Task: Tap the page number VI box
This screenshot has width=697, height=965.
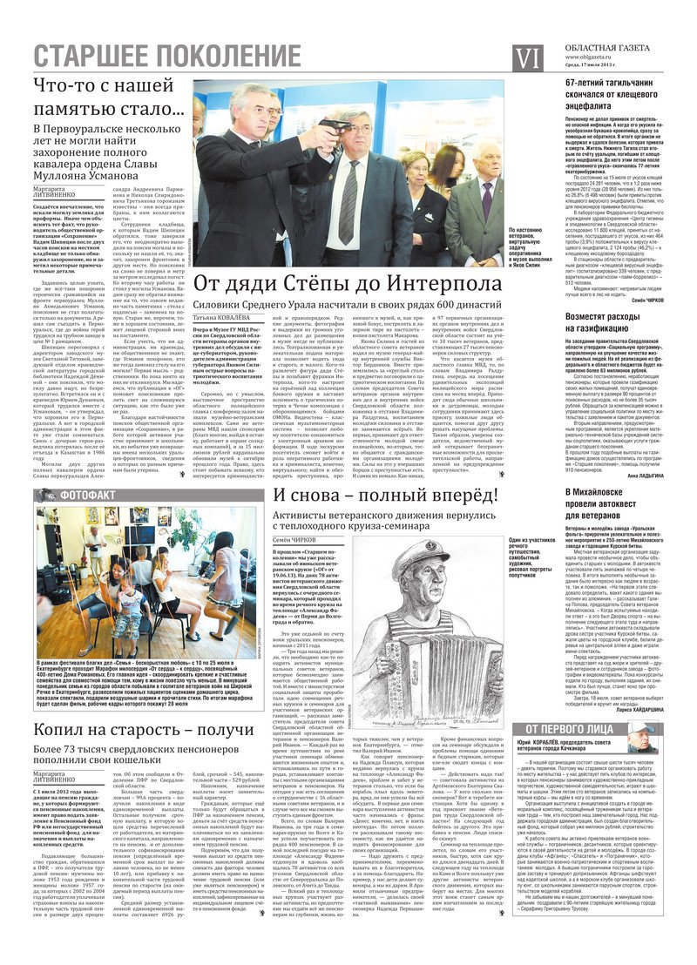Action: tap(529, 57)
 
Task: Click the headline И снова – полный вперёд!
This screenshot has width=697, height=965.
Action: tap(385, 495)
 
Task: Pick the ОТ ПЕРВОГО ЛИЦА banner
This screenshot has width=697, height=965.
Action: tap(574, 729)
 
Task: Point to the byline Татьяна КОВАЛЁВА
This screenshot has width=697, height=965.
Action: tap(225, 318)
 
